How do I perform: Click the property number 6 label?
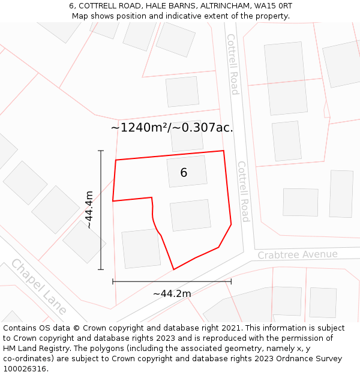pyautogui.click(x=184, y=173)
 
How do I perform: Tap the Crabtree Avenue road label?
pyautogui.click(x=298, y=254)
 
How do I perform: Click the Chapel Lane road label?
pyautogui.click(x=38, y=287)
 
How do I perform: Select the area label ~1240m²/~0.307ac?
pyautogui.click(x=172, y=127)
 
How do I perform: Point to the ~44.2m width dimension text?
pyautogui.click(x=172, y=293)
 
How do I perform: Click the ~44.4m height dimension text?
pyautogui.click(x=89, y=210)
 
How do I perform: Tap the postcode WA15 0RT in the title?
pyautogui.click(x=272, y=6)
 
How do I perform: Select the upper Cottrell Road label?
pyautogui.click(x=232, y=64)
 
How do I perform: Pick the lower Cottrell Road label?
pyautogui.click(x=243, y=191)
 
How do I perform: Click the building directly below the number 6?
pyautogui.click(x=190, y=215)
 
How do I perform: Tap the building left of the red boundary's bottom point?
pyautogui.click(x=141, y=248)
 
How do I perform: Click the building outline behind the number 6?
pyautogui.click(x=187, y=171)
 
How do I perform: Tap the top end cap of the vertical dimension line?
pyautogui.click(x=101, y=151)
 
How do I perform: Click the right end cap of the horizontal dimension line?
pyautogui.click(x=231, y=281)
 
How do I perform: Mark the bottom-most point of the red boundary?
pyautogui.click(x=174, y=269)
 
